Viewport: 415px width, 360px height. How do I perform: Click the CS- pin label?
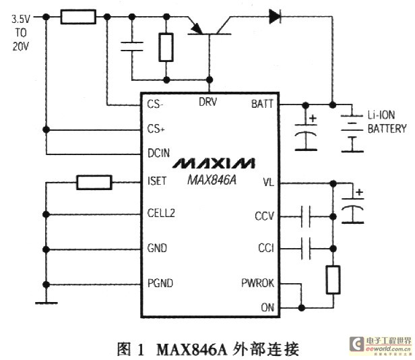point(156,104)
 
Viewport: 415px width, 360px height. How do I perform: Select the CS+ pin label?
point(156,128)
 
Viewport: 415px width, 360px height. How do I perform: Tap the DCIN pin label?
point(159,153)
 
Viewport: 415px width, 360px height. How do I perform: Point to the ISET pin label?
point(158,181)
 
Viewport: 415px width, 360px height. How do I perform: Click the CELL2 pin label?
point(161,214)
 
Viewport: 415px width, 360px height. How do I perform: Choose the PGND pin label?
point(160,283)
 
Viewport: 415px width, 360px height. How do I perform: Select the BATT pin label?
point(261,104)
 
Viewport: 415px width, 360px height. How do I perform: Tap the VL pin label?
point(267,182)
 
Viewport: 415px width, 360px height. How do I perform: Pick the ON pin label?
point(267,307)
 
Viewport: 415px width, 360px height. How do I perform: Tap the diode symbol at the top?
point(276,14)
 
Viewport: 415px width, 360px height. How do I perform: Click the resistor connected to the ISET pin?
point(94,181)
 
